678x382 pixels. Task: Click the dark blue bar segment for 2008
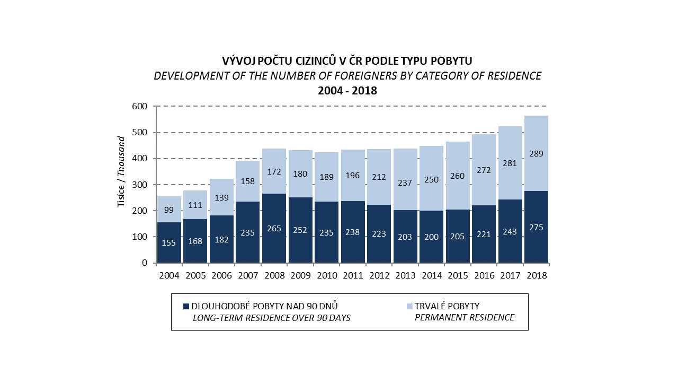(x=274, y=228)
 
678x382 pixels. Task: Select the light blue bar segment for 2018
(x=536, y=153)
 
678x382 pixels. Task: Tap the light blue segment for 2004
(x=169, y=210)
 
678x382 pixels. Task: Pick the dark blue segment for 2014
(x=431, y=237)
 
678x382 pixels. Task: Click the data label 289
(x=536, y=154)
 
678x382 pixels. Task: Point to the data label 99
(x=169, y=210)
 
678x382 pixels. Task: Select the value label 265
(x=274, y=228)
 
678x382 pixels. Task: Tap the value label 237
(x=405, y=183)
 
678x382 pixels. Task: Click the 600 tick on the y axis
(x=139, y=106)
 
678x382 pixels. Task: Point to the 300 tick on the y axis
(x=139, y=185)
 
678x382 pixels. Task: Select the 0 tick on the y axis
(x=145, y=263)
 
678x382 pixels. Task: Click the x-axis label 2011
(x=353, y=275)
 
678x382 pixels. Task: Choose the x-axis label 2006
(x=221, y=275)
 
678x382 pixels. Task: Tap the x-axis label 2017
(x=510, y=275)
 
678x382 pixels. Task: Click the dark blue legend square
(x=186, y=307)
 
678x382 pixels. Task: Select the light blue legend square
(x=409, y=307)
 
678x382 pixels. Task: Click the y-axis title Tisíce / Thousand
(x=121, y=172)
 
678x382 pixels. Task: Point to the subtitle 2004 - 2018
(x=347, y=91)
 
